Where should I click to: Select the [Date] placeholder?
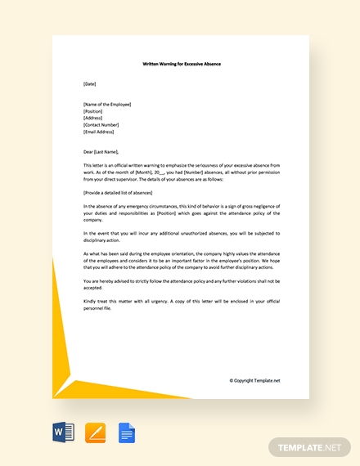90,83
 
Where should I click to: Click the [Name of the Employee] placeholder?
107,104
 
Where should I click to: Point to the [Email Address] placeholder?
99,131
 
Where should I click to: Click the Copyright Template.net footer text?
254,380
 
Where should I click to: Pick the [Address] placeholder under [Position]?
93,118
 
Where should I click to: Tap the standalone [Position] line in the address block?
93,111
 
